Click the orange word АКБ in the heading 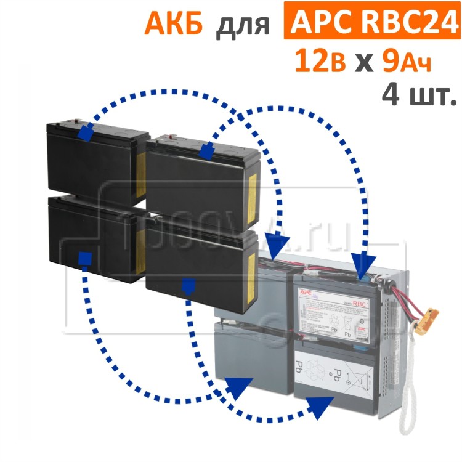[174, 24]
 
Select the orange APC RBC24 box [367, 23]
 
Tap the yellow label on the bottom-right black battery [252, 269]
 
